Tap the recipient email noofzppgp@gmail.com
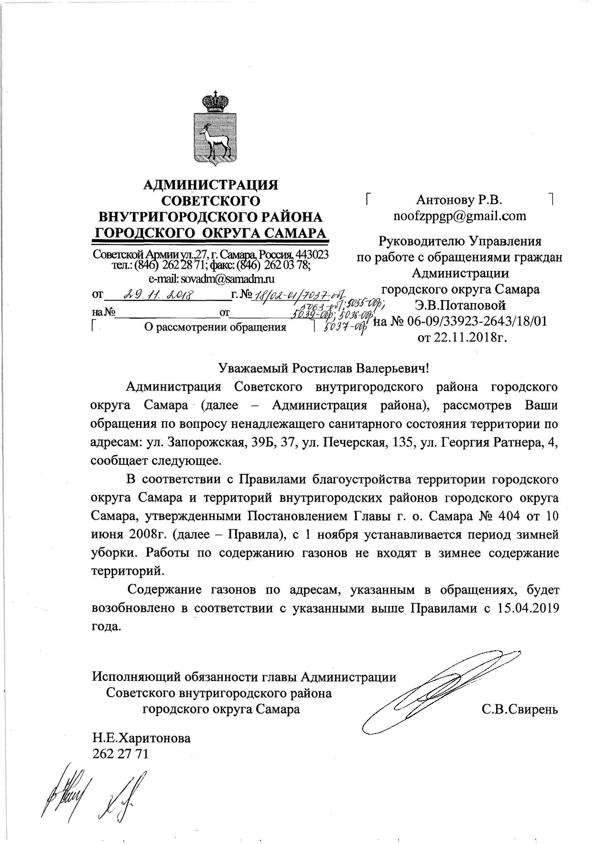pos(459,216)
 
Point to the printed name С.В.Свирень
pos(520,709)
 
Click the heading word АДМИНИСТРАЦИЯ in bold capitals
pos(211,184)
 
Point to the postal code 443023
pos(312,254)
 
